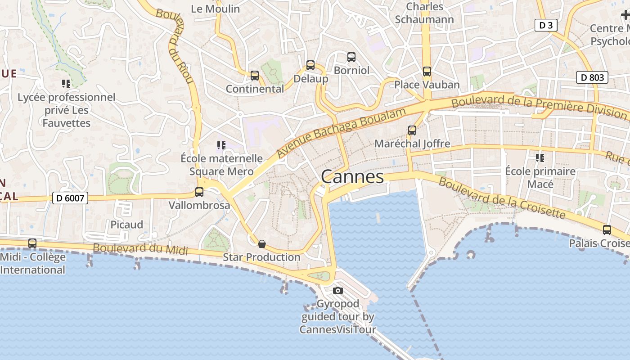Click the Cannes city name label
tap(352, 177)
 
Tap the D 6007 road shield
tap(70, 198)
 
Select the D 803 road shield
tap(592, 77)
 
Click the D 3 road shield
tap(546, 25)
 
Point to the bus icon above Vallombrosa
tap(199, 192)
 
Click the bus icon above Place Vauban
tap(427, 71)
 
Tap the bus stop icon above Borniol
tap(351, 57)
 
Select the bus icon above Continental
tap(255, 76)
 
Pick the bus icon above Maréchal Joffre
tap(412, 130)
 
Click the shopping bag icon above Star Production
tap(262, 244)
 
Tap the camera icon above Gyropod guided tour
tap(338, 291)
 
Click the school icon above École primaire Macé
tap(540, 158)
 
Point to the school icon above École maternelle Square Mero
tap(221, 145)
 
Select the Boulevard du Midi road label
tap(140, 249)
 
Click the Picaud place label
tap(127, 225)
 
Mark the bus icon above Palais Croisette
tap(607, 230)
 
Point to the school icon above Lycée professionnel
tap(66, 84)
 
